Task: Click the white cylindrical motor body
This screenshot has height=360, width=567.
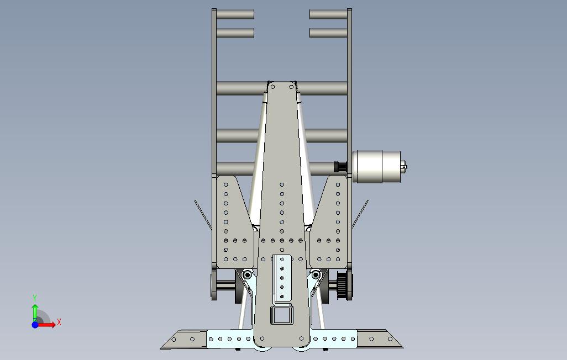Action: tap(376, 167)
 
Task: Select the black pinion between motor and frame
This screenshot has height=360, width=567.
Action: tap(339, 167)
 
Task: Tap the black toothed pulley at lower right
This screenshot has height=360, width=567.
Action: tap(342, 285)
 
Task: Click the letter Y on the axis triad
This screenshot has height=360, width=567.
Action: tap(35, 298)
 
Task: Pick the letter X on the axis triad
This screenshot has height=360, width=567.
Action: tap(59, 322)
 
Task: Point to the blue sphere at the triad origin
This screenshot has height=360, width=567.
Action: tap(35, 325)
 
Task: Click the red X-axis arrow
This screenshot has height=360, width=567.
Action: tap(46, 325)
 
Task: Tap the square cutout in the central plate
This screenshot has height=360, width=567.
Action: tap(282, 315)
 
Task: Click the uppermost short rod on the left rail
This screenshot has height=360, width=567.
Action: tap(235, 14)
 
